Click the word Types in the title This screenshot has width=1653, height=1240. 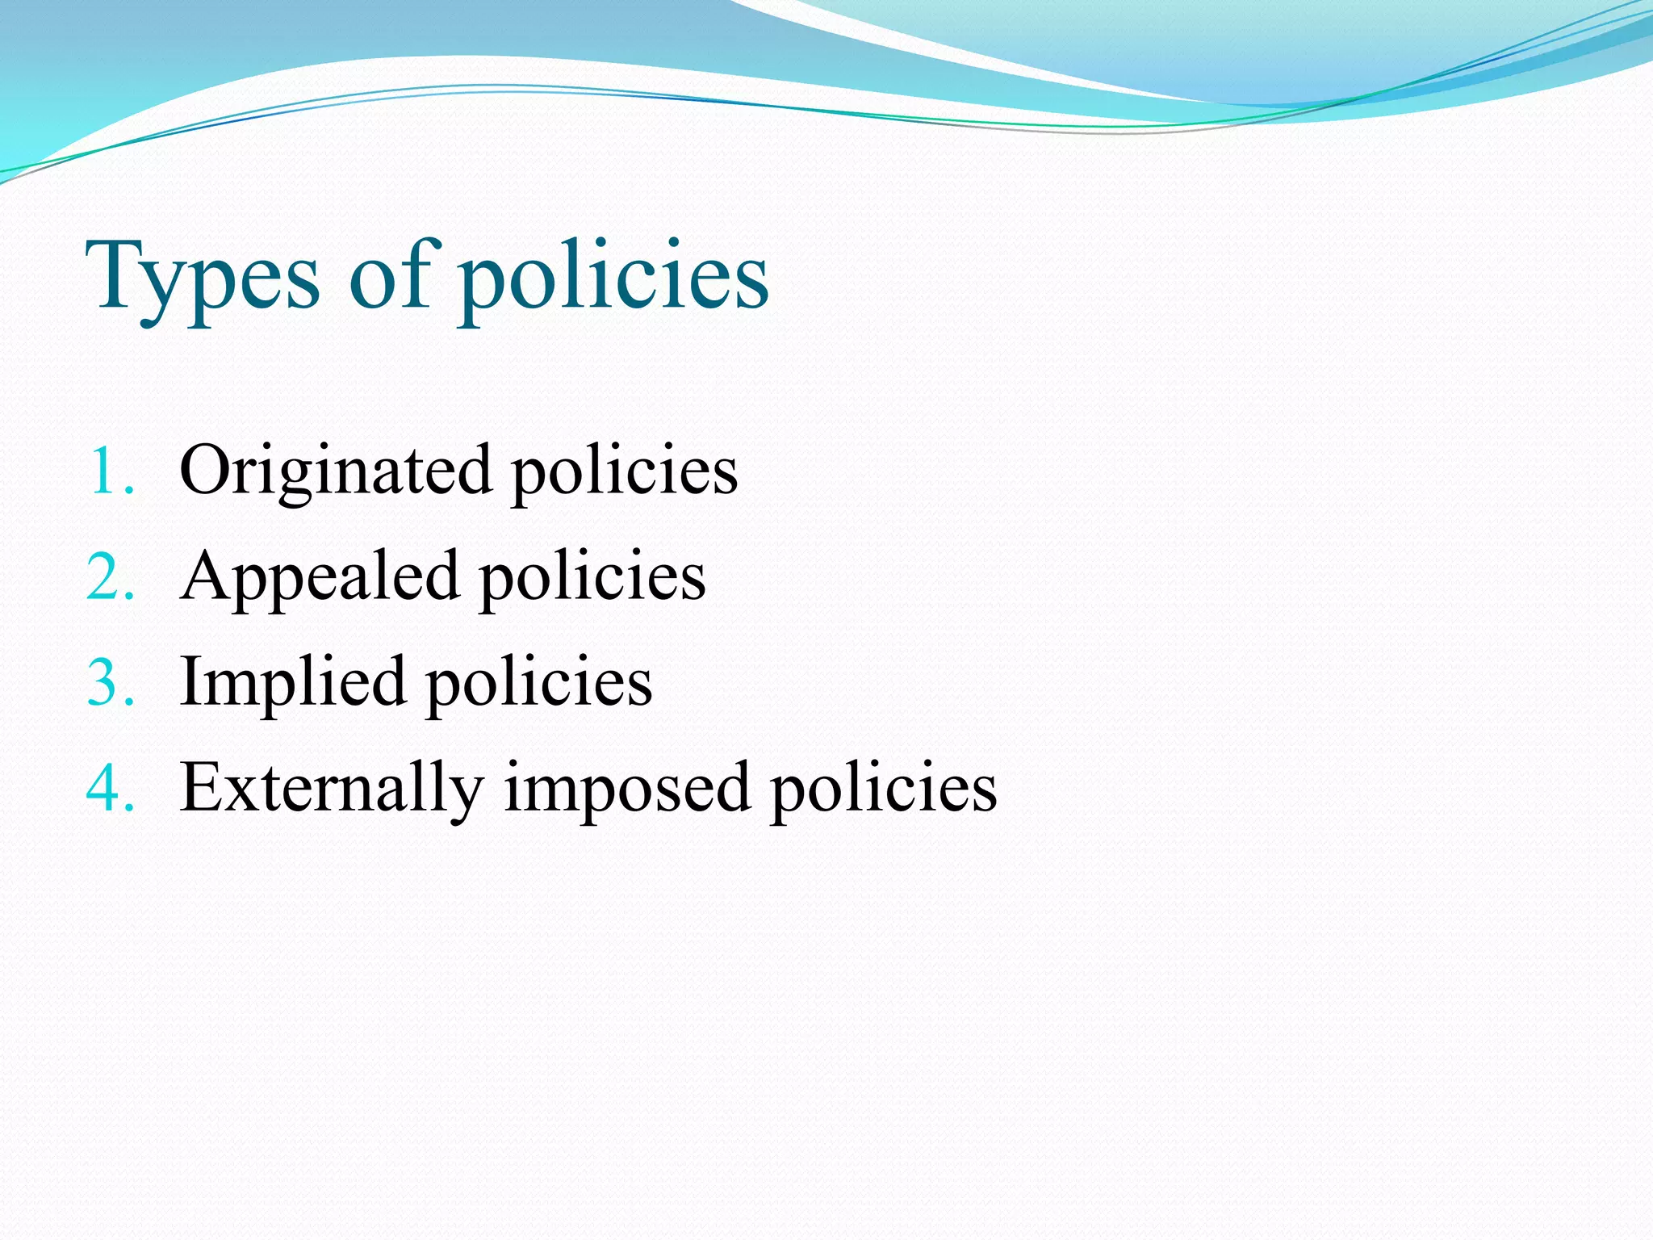click(203, 279)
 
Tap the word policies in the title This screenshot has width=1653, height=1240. click(613, 279)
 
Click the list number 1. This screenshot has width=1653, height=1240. click(108, 471)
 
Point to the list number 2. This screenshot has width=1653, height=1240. click(110, 577)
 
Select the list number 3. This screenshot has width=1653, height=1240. click(110, 683)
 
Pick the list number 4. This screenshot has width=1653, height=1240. click(110, 788)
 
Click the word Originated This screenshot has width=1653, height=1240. click(335, 471)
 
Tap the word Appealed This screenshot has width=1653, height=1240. click(320, 577)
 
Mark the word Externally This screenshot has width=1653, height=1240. click(332, 788)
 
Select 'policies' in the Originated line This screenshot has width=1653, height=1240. click(625, 471)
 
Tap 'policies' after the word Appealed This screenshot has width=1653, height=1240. click(593, 577)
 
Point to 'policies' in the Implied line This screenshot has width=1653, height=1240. click(539, 683)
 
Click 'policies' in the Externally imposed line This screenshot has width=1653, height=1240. click(884, 788)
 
